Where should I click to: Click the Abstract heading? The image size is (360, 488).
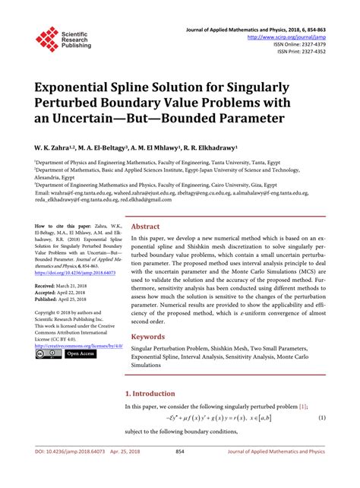145,204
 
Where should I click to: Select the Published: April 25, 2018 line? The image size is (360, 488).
64,299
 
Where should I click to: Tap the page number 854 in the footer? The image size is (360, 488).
180,472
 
